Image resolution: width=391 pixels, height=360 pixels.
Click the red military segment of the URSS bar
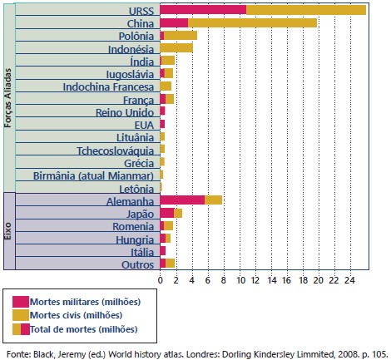tap(203, 10)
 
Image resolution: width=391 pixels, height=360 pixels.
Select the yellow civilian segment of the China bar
tap(252, 23)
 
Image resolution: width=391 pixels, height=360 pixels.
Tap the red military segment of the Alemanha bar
tap(182, 200)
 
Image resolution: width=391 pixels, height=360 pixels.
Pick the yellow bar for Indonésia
tap(176, 48)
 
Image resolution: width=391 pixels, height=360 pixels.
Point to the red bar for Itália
tap(163, 251)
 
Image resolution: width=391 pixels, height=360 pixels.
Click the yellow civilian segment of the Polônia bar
tap(181, 36)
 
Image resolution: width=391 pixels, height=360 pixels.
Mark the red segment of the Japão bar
tap(167, 213)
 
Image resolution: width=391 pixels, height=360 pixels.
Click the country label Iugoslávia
tap(130, 74)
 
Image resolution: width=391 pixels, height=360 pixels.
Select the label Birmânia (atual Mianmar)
tap(93, 176)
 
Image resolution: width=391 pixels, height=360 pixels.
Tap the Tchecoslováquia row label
tap(116, 150)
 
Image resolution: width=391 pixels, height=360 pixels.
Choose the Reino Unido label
tap(125, 112)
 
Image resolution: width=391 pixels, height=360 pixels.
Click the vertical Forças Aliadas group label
tap(8, 98)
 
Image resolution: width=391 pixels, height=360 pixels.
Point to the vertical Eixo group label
tap(8, 231)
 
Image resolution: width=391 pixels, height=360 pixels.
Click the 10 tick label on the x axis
tap(241, 280)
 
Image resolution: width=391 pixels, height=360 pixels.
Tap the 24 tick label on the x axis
tap(349, 280)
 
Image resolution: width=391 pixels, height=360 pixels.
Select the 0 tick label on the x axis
tap(160, 280)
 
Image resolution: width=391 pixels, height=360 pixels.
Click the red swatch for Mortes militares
tap(21, 302)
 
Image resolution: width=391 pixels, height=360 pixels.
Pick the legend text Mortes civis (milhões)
tap(76, 315)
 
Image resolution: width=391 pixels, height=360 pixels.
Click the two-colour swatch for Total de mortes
tap(21, 329)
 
